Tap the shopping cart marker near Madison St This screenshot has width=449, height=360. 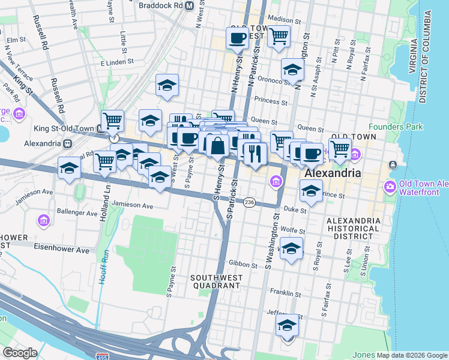(279, 37)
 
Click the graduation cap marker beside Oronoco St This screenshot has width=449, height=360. (292, 70)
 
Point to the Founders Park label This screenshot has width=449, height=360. (396, 127)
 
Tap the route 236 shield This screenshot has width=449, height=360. (249, 203)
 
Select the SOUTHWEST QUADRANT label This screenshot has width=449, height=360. (215, 282)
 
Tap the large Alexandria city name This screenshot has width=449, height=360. (333, 173)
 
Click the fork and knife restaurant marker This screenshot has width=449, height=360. (255, 153)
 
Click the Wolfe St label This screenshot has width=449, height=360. (293, 229)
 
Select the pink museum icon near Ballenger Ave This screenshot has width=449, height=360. (43, 221)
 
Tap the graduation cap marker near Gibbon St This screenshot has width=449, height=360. (292, 249)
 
